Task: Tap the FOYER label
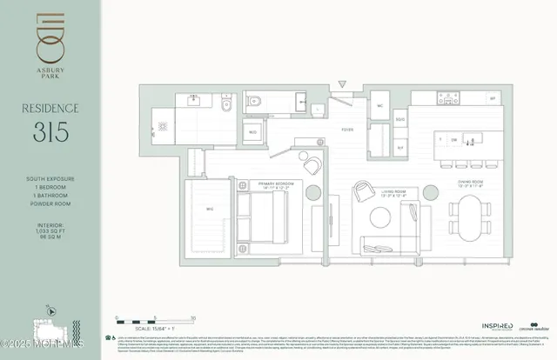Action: pos(346,134)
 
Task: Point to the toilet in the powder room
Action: pos(225,107)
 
